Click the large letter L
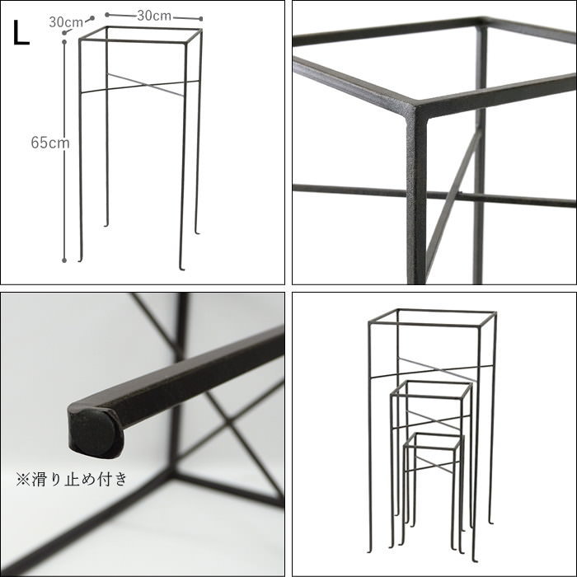(x=21, y=33)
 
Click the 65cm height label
(x=50, y=143)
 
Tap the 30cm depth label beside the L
(x=66, y=22)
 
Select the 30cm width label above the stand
(x=154, y=16)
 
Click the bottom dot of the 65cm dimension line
(x=64, y=260)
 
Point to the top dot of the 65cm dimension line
(x=64, y=42)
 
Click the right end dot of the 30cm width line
(x=201, y=19)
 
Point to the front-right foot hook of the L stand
(x=181, y=268)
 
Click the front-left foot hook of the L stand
(x=80, y=259)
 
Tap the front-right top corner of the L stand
(x=185, y=44)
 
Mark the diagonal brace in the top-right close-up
(x=453, y=195)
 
